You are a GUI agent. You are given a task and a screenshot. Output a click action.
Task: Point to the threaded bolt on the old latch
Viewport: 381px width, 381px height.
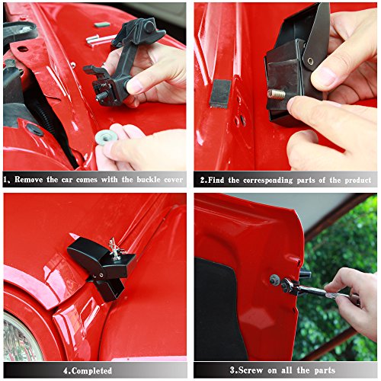coord(100,97)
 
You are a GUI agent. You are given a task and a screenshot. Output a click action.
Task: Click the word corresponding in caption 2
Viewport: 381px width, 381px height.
coord(263,181)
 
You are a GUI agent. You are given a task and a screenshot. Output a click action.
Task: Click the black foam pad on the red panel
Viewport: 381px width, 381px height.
coord(220,93)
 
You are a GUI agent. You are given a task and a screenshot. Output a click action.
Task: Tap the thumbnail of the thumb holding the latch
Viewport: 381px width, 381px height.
coord(326,76)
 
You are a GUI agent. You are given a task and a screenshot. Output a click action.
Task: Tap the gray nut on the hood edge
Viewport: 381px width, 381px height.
coord(274,280)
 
